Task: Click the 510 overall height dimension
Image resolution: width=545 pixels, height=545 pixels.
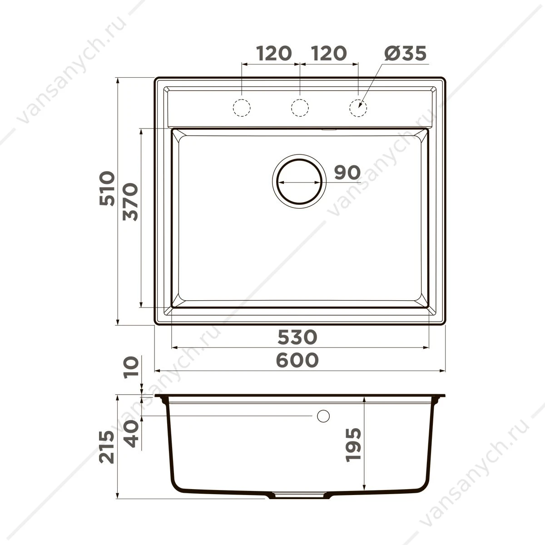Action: [107, 188]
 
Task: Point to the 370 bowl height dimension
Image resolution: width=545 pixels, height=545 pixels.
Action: [130, 202]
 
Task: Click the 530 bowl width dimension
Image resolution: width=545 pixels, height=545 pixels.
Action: [297, 337]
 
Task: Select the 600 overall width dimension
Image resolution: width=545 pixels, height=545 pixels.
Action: [297, 360]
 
